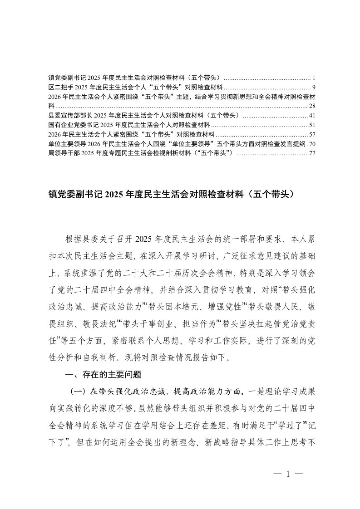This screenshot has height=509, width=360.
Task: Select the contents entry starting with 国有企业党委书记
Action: (x=129, y=125)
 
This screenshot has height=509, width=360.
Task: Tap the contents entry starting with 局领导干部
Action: (x=141, y=153)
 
